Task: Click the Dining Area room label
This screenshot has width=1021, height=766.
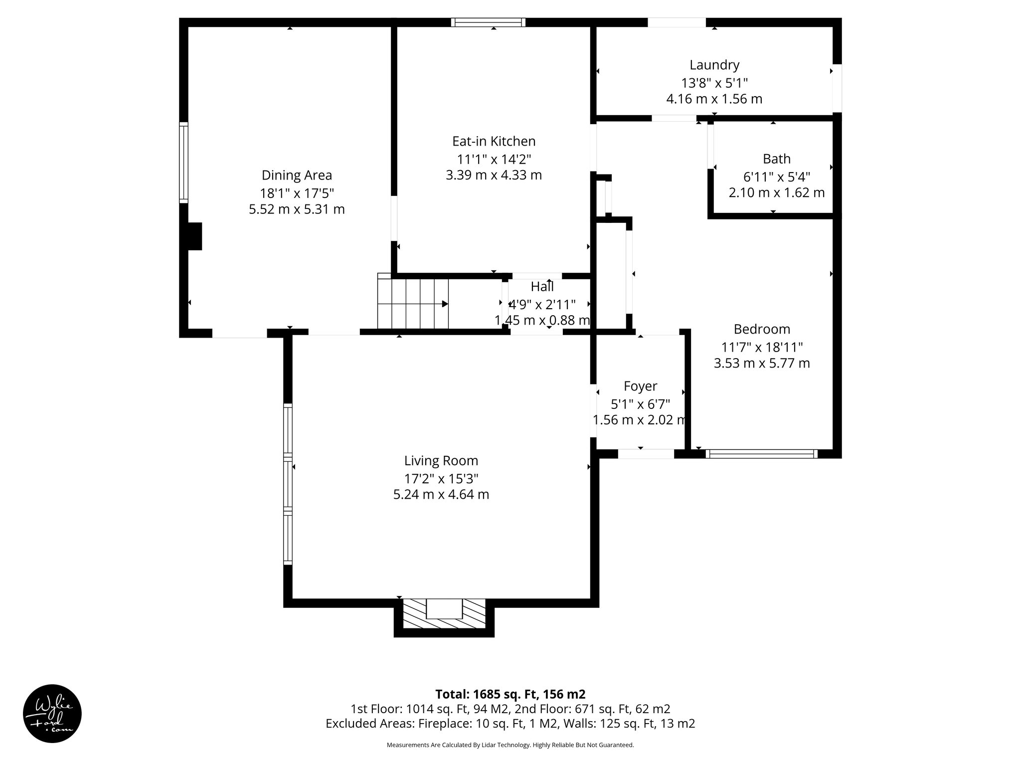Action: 297,176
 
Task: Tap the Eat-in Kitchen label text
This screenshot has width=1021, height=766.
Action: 494,141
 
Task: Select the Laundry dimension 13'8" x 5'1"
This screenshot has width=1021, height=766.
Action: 714,82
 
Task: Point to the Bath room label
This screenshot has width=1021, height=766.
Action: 776,159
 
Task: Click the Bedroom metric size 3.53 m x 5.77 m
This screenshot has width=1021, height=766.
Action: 761,363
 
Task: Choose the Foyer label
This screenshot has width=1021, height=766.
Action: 640,386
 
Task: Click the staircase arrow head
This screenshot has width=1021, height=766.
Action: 445,304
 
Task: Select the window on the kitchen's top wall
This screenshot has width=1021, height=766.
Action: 488,22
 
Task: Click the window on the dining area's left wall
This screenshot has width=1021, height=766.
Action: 184,162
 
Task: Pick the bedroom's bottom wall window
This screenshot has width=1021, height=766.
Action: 761,454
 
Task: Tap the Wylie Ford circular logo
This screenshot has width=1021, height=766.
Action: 52,714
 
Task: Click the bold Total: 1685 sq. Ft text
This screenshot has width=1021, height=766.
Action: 510,694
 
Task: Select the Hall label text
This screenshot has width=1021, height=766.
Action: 542,287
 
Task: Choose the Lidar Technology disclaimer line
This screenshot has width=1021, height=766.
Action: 510,745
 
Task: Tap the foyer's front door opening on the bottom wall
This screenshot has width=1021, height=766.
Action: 646,454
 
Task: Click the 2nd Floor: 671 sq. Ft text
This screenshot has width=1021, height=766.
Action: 592,709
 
